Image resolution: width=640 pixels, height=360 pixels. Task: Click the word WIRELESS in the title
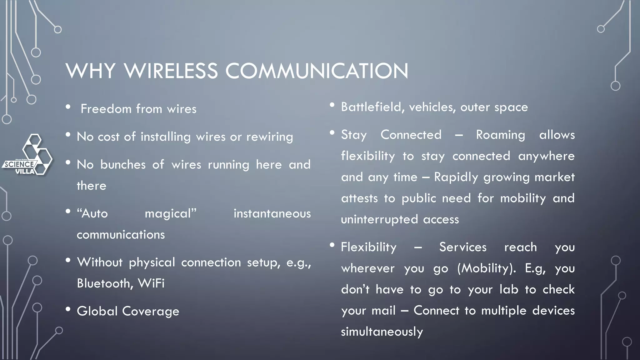pyautogui.click(x=171, y=71)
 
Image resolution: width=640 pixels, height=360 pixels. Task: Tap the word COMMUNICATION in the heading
pyautogui.click(x=317, y=71)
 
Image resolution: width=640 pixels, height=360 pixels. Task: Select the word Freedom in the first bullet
pyautogui.click(x=106, y=109)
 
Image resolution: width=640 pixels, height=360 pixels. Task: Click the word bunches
pyautogui.click(x=123, y=165)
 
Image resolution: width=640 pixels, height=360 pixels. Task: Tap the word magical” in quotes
pyautogui.click(x=171, y=214)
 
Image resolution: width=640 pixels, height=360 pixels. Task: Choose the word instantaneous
pyautogui.click(x=272, y=214)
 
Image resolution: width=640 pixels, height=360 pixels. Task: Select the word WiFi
pyautogui.click(x=151, y=283)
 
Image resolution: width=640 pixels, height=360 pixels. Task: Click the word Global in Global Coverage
pyautogui.click(x=97, y=311)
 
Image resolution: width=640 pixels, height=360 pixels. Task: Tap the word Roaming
pyautogui.click(x=501, y=135)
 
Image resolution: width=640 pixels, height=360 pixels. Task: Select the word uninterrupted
pyautogui.click(x=379, y=219)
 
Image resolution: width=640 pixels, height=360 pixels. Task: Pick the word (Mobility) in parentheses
pyautogui.click(x=487, y=268)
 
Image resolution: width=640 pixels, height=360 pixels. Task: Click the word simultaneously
pyautogui.click(x=382, y=332)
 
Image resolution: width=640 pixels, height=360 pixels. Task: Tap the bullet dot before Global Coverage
pyautogui.click(x=68, y=309)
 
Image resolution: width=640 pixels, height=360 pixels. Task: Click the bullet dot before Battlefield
pyautogui.click(x=332, y=105)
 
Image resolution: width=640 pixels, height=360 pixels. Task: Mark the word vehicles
pyautogui.click(x=432, y=107)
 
